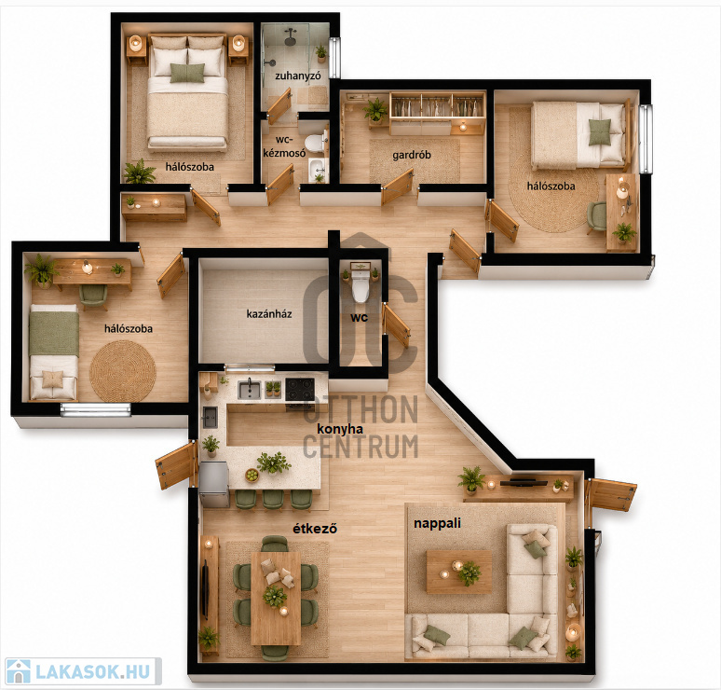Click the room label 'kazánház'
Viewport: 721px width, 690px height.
(x=269, y=314)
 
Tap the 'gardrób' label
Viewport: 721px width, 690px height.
(x=412, y=155)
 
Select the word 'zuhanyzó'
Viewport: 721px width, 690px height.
(x=297, y=76)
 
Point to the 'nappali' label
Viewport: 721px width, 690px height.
(x=437, y=523)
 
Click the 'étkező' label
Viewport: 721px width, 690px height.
(x=315, y=529)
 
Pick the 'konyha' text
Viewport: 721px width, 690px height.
(x=340, y=429)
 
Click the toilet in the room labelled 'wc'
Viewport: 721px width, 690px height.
(x=360, y=285)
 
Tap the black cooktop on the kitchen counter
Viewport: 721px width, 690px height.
(x=300, y=389)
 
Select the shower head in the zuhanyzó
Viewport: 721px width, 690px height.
(x=290, y=36)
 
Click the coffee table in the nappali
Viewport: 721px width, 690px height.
(x=459, y=572)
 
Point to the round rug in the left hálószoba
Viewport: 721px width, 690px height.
(x=123, y=371)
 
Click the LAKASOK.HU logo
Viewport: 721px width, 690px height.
(x=83, y=671)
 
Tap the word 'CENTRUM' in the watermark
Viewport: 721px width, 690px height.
(x=360, y=446)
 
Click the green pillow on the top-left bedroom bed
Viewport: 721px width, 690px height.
(x=187, y=73)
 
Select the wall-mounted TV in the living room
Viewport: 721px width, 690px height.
(x=524, y=483)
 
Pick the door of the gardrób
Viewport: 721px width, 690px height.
(x=397, y=186)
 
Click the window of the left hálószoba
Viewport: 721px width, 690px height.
(x=96, y=409)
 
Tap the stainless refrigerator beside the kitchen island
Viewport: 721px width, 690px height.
(x=214, y=484)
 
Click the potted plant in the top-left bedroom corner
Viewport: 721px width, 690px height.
(x=139, y=172)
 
